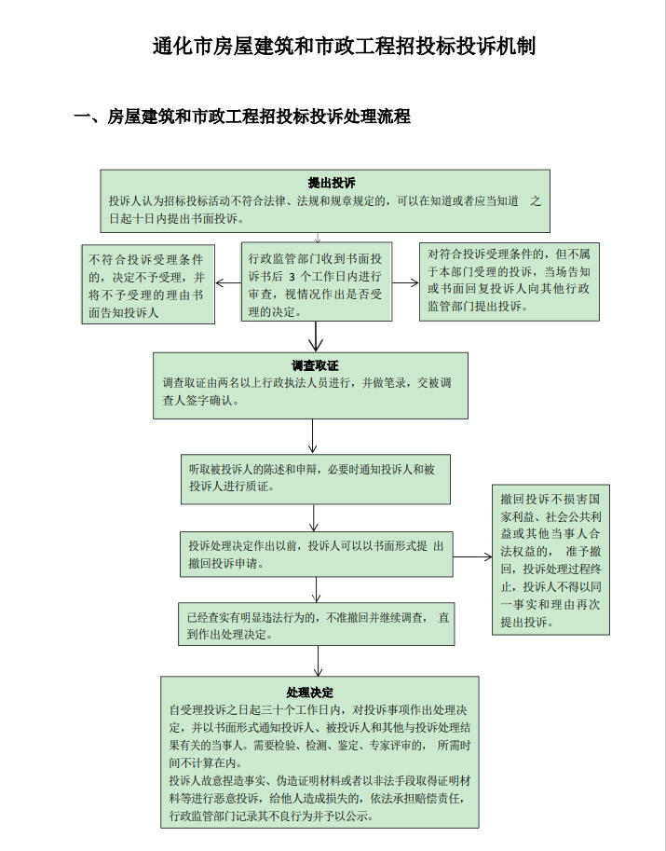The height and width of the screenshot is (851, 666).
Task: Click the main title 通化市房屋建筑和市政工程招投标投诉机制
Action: (x=344, y=48)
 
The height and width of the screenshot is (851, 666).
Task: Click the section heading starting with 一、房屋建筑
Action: (x=242, y=117)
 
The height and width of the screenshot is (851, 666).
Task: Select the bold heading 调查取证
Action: (x=309, y=364)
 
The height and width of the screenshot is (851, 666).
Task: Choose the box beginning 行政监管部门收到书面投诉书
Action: (x=316, y=282)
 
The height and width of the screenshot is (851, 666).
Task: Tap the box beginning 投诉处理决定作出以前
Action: (x=317, y=555)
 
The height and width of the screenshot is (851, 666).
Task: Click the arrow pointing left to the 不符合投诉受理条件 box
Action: (x=228, y=283)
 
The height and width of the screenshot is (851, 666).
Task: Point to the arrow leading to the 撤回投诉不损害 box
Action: (x=473, y=556)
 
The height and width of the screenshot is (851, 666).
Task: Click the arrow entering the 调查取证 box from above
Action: (x=317, y=336)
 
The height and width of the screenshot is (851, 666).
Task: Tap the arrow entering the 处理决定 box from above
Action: (x=318, y=662)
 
